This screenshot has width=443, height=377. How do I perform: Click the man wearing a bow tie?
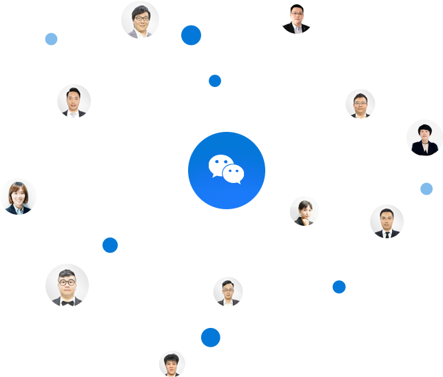pyautogui.click(x=68, y=284)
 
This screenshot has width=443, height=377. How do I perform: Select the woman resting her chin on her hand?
pyautogui.click(x=304, y=211)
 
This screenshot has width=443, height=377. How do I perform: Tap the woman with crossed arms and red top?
pyautogui.click(x=423, y=138)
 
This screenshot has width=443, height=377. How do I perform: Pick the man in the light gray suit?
pyautogui.click(x=140, y=20)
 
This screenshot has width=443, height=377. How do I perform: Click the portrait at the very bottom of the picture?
pyautogui.click(x=172, y=363)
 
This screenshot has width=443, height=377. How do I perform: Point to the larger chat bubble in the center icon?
pyautogui.click(x=220, y=166)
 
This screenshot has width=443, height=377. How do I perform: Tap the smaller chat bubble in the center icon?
pyautogui.click(x=234, y=174)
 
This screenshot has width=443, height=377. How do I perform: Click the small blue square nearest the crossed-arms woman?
pyautogui.click(x=426, y=188)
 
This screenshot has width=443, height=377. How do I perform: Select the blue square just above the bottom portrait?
pyautogui.click(x=210, y=337)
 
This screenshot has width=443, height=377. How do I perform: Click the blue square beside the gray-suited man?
pyautogui.click(x=191, y=35)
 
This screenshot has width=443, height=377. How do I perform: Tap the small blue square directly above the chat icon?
pyautogui.click(x=215, y=81)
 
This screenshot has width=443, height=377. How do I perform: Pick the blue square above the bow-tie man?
pyautogui.click(x=110, y=244)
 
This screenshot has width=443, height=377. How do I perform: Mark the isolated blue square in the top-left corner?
pyautogui.click(x=51, y=39)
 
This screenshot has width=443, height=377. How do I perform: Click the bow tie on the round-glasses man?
pyautogui.click(x=68, y=302)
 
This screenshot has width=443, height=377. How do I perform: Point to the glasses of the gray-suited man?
pyautogui.click(x=141, y=17)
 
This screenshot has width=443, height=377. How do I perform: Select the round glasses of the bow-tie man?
pyautogui.click(x=68, y=282)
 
